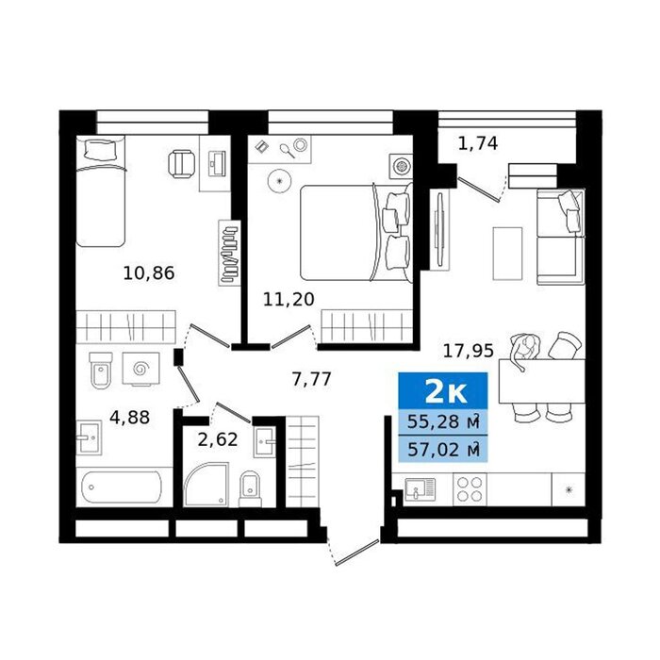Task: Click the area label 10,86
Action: tap(149, 273)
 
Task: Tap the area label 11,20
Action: tap(289, 299)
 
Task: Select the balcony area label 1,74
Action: tap(478, 143)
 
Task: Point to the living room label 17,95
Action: tap(468, 350)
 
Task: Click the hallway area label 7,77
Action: tap(312, 379)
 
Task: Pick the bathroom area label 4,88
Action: tap(130, 418)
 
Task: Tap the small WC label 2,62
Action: tap(218, 440)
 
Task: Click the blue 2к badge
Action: tap(443, 390)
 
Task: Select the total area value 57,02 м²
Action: tap(444, 450)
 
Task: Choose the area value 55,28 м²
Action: tap(444, 421)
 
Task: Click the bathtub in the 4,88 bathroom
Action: tap(122, 487)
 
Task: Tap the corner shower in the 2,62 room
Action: tap(206, 484)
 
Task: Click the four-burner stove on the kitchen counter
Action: tap(470, 489)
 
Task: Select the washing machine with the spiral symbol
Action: tap(141, 370)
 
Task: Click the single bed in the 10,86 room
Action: tap(101, 191)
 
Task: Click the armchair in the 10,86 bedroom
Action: tap(182, 165)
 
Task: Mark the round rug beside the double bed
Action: tap(279, 181)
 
